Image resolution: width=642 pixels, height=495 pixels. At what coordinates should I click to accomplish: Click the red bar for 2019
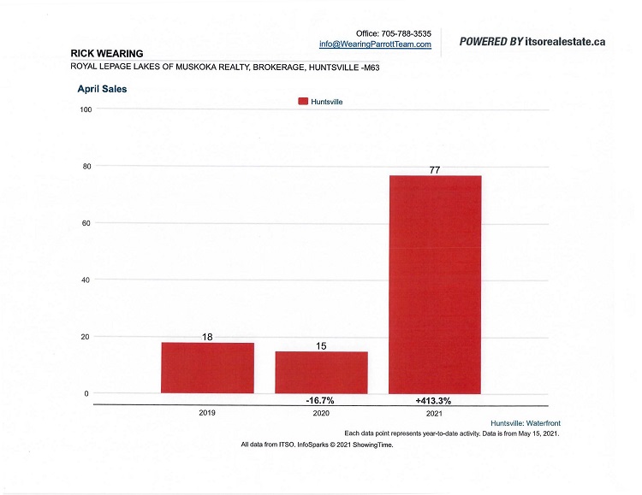(x=207, y=368)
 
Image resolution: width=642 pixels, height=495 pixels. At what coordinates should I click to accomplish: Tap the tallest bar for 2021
(x=435, y=284)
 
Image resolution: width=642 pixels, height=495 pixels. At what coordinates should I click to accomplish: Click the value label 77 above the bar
(x=435, y=170)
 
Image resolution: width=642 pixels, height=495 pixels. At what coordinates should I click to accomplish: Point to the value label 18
(x=207, y=337)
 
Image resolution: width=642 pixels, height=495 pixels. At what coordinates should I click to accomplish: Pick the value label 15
(x=321, y=346)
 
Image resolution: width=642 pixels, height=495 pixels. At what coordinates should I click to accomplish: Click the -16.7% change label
(x=321, y=399)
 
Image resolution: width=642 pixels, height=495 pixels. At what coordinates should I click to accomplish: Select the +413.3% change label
(x=435, y=399)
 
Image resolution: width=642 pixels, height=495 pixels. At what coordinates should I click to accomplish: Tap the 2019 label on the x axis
(x=207, y=413)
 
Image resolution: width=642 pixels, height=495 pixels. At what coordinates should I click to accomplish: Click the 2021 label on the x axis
(x=435, y=413)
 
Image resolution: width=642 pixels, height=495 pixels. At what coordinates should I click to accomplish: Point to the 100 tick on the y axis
(x=86, y=109)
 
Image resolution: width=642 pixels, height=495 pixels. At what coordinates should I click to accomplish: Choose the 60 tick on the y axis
(x=87, y=223)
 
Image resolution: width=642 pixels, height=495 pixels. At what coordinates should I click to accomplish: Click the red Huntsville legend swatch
(x=303, y=101)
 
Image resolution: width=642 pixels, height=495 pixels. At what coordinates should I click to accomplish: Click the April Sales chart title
(x=103, y=88)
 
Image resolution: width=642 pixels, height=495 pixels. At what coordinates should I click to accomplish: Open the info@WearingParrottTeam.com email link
(x=375, y=44)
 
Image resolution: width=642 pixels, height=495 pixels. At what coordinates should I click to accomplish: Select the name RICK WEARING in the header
(x=107, y=53)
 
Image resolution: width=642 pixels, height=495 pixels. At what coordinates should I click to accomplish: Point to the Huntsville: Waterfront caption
(x=525, y=423)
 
